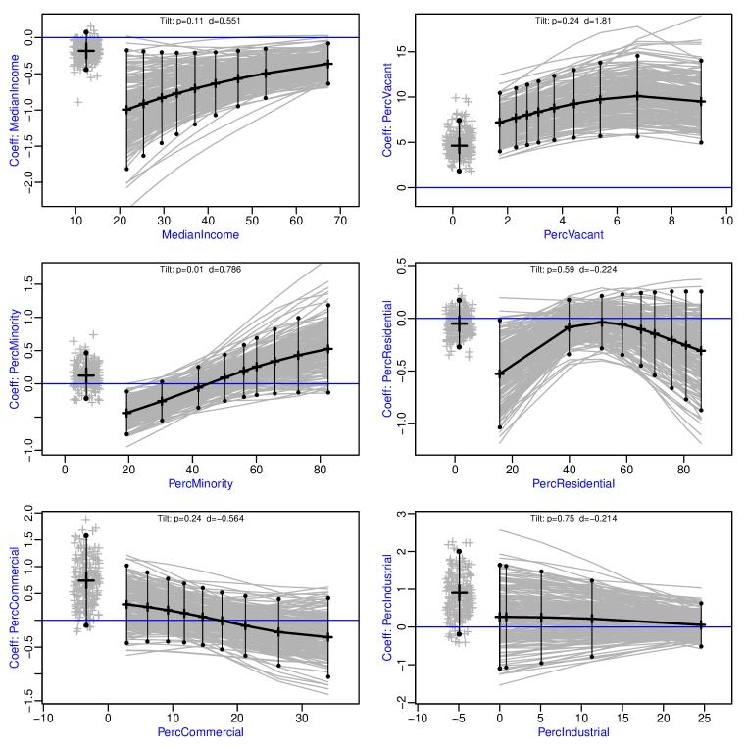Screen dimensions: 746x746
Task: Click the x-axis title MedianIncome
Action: click(200, 235)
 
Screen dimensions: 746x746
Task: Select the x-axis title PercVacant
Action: click(573, 235)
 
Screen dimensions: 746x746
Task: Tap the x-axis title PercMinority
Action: click(200, 483)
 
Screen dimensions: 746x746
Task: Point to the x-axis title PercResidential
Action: click(573, 483)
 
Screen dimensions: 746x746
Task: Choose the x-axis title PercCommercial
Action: click(200, 732)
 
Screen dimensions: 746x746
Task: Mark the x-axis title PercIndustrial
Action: click(573, 732)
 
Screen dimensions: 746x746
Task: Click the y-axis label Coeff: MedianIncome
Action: click(15, 110)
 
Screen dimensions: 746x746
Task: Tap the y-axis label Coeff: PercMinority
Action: click(15, 359)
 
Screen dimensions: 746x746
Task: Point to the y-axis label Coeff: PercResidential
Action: click(388, 359)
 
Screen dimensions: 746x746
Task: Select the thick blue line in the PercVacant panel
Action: click(588, 186)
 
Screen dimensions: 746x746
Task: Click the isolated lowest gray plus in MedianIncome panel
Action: click(78, 102)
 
